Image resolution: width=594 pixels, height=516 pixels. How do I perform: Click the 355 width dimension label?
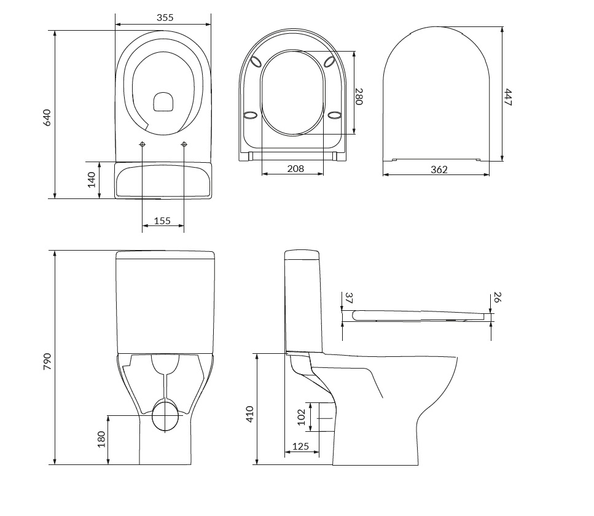point(165,18)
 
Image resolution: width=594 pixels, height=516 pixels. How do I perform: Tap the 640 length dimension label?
point(47,117)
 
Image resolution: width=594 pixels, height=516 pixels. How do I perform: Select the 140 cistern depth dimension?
point(91,179)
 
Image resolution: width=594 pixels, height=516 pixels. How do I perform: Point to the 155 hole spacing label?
point(162,221)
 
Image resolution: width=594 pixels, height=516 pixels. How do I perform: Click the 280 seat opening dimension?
point(359,96)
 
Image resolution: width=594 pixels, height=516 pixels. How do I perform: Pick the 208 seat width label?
point(295,168)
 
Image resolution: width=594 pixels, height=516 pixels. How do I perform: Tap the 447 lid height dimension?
point(508,97)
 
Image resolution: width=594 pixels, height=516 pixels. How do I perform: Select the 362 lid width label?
point(439,170)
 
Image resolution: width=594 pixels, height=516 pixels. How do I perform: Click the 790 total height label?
point(47,362)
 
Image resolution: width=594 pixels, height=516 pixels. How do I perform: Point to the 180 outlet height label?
point(101,439)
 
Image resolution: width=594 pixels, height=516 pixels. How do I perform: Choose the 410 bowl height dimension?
point(249,415)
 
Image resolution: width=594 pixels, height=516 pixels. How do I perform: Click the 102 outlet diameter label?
point(301,418)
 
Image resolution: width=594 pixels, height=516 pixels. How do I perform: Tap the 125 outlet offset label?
point(300,447)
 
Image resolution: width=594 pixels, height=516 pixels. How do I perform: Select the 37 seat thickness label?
point(348,298)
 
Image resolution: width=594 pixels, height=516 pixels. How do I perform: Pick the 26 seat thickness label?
point(498,298)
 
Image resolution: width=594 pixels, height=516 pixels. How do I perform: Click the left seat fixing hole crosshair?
point(143,144)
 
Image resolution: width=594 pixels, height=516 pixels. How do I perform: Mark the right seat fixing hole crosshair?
point(184,144)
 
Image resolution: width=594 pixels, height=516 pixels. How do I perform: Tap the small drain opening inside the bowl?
point(163,103)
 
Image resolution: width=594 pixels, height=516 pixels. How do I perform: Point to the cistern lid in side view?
point(301,254)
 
